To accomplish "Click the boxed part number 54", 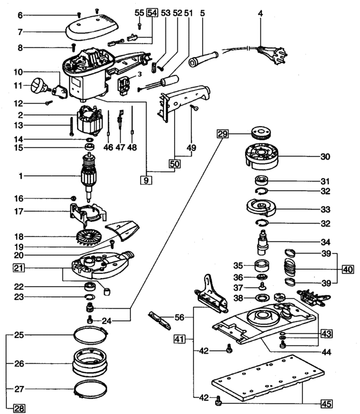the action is pos(153,13).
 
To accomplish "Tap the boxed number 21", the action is pos(19,268).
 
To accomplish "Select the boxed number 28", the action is pos(19,409).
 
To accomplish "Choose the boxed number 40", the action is pos(348,270).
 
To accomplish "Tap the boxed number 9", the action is pos(146,181).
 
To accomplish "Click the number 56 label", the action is pos(179,317).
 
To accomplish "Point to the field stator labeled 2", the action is pos(89,120).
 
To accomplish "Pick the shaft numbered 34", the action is pos(262,242).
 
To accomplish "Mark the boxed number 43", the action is pos(327,334).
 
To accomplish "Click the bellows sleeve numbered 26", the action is pos(90,362).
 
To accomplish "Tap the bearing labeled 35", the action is pos(261,265).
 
